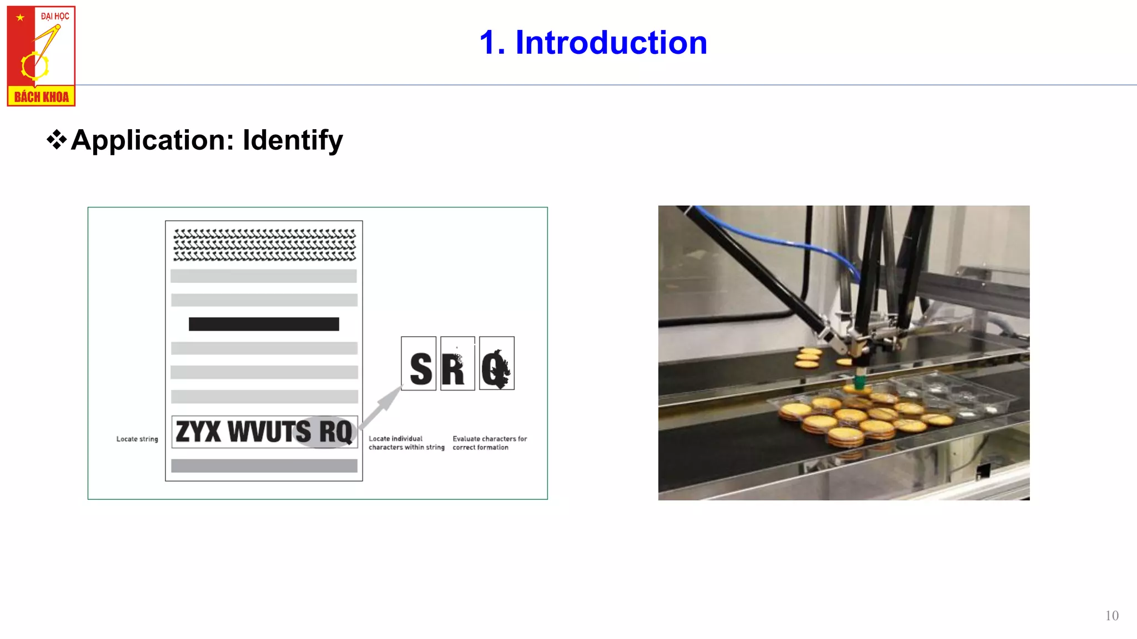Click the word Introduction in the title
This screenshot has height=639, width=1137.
click(x=611, y=43)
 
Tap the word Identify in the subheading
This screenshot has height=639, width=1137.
click(x=293, y=140)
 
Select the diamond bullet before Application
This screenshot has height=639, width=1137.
click(x=56, y=139)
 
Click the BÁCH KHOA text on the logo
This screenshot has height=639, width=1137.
click(x=41, y=97)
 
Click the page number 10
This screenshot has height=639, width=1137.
click(x=1111, y=616)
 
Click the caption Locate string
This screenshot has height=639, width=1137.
click(x=137, y=439)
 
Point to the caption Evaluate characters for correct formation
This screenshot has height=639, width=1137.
click(x=489, y=443)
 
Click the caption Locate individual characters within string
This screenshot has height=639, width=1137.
click(x=406, y=443)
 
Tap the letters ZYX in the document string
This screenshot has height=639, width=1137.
click(x=198, y=432)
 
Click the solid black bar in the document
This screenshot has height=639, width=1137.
click(x=264, y=324)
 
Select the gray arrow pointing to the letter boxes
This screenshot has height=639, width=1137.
click(x=382, y=408)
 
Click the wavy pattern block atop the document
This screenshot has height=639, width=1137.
click(x=264, y=245)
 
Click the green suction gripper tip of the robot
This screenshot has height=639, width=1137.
click(x=859, y=382)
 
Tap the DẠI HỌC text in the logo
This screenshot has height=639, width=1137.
click(x=55, y=16)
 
